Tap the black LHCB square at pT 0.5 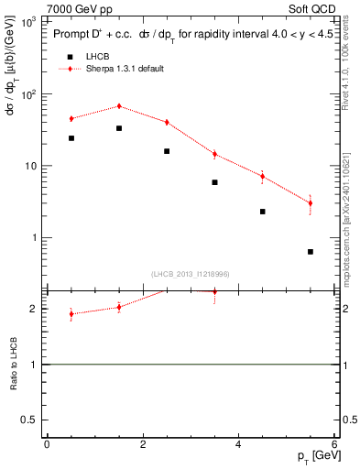coord(71,138)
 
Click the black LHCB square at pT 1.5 coord(119,128)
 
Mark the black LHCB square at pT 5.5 coord(311,251)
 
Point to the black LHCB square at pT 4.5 coord(263,212)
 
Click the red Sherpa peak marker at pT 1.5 coord(119,106)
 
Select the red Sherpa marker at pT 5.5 coord(311,203)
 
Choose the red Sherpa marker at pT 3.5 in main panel coord(214,154)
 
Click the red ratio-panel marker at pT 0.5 coord(71,314)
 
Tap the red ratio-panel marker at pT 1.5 coord(119,307)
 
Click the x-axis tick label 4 coord(238,443)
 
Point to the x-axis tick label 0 coord(47,443)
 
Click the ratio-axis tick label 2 coord(36,309)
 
